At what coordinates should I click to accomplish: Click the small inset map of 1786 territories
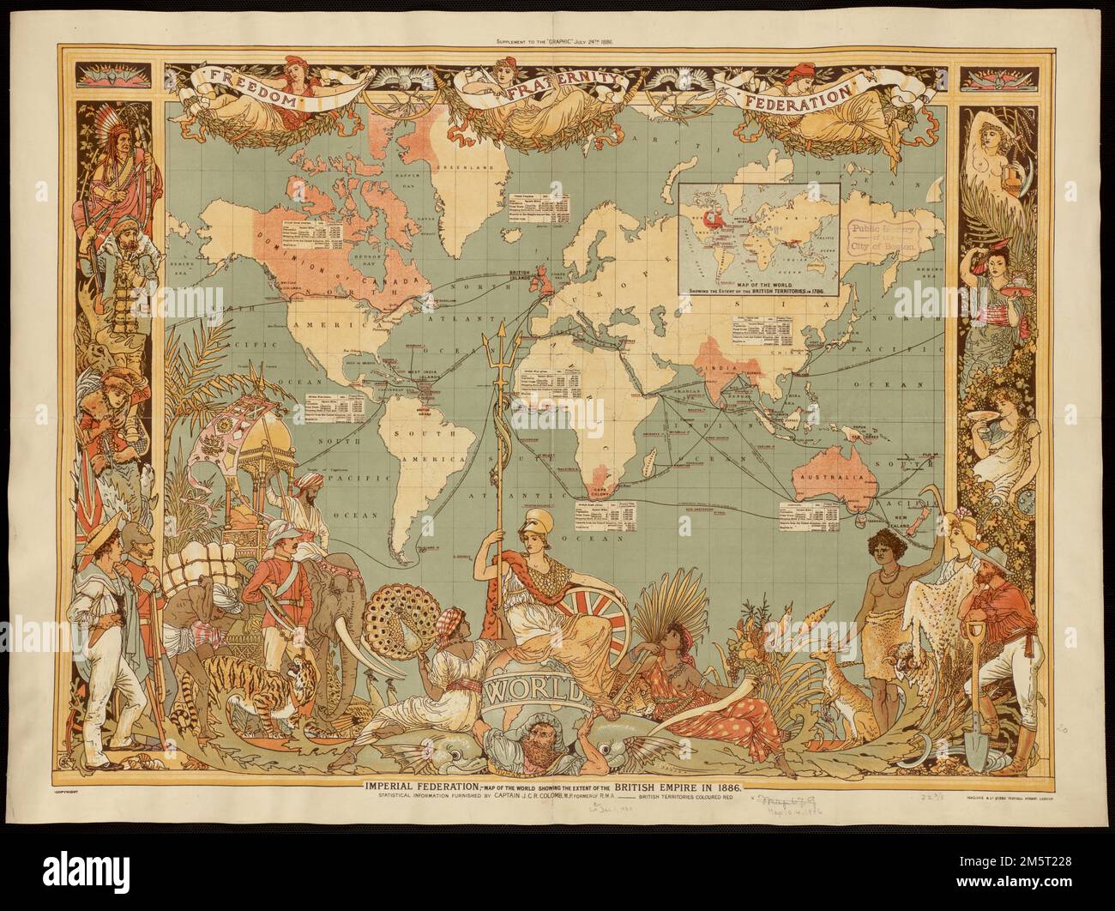761,227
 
